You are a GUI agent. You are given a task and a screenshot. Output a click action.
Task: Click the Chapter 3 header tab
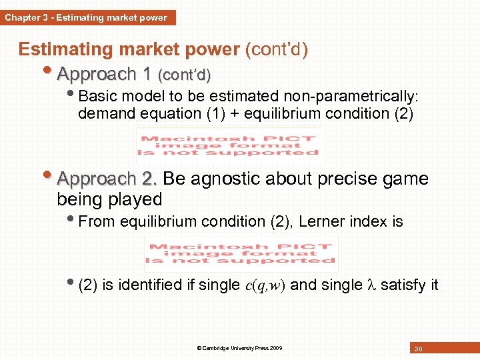[87, 17]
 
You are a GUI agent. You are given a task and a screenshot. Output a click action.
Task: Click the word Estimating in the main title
[60, 50]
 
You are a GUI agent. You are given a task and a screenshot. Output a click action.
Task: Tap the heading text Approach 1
[104, 73]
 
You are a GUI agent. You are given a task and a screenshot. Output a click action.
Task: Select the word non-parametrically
[346, 94]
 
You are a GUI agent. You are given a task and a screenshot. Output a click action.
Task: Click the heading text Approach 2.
[107, 179]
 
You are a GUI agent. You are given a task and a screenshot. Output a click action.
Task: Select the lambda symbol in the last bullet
[371, 285]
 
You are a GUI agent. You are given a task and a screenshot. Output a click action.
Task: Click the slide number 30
[419, 349]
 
